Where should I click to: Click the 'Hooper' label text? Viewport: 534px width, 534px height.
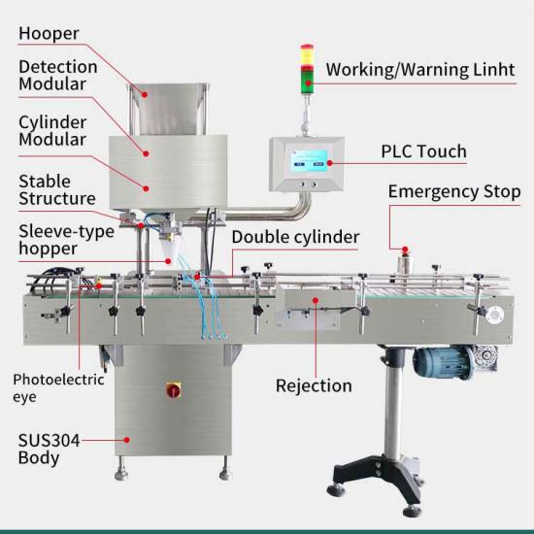click(x=49, y=34)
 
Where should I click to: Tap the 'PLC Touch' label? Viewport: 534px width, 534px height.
click(x=423, y=151)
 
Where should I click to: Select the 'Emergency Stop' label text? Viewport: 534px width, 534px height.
click(x=454, y=191)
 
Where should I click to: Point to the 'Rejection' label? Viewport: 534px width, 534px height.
click(x=314, y=385)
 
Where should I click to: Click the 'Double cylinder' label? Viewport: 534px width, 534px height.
click(x=295, y=237)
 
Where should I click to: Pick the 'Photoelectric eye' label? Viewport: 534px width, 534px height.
click(x=58, y=388)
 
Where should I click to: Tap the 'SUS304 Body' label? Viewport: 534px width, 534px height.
click(x=49, y=449)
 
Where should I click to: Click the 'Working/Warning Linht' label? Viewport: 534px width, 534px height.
click(x=420, y=70)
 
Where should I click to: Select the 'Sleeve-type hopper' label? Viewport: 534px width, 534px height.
click(x=66, y=240)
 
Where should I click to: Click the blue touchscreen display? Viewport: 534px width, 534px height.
click(x=309, y=160)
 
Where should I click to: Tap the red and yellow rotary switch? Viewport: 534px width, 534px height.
click(x=173, y=390)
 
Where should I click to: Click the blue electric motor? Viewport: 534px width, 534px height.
click(x=444, y=362)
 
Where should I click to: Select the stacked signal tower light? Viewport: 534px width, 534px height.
click(x=307, y=69)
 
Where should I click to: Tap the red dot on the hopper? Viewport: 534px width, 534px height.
click(x=145, y=94)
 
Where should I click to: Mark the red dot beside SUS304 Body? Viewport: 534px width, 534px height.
click(x=126, y=440)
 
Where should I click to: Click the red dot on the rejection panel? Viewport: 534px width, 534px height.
click(x=316, y=300)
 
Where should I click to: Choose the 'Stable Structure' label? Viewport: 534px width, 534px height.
click(x=57, y=190)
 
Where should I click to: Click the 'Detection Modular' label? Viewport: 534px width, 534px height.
click(x=58, y=76)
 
